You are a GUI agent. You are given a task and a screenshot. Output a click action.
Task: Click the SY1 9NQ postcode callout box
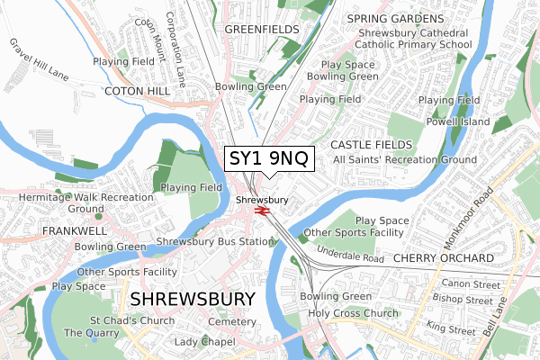pos(269,158)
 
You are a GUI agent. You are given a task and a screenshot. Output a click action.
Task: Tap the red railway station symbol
pos(263,211)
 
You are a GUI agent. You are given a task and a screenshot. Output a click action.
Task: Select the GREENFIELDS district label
pos(260,30)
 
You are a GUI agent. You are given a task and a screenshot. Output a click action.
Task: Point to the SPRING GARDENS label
pos(396,19)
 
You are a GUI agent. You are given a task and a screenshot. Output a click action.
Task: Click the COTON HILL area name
pos(138,92)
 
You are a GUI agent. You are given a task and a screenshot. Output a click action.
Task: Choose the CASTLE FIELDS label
pos(372,145)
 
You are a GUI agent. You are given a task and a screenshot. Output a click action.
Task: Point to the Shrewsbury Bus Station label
pos(214,241)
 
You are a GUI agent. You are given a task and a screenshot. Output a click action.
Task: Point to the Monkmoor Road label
pos(468,220)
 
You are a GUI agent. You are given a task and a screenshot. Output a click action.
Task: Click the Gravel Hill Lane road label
pos(40,58)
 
